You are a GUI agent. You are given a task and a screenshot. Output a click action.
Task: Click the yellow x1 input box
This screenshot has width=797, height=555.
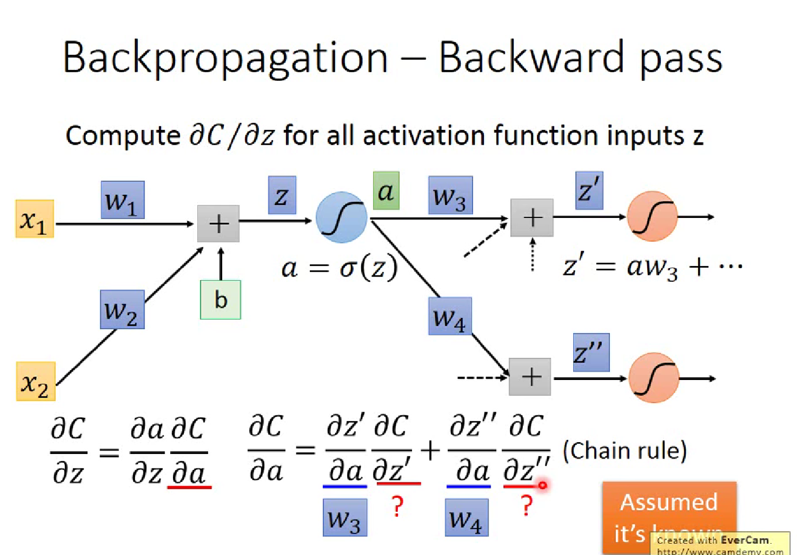coord(34,218)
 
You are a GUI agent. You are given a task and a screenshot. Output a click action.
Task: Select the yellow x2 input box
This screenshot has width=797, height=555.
coord(36,381)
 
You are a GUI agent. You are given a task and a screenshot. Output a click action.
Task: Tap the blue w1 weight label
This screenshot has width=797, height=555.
coord(123,200)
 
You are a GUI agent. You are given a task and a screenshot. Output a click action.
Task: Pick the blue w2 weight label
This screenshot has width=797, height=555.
coord(122,309)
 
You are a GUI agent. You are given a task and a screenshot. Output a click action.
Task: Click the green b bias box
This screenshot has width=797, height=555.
coord(220,300)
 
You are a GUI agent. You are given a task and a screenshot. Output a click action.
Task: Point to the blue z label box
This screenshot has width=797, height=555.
coord(281,195)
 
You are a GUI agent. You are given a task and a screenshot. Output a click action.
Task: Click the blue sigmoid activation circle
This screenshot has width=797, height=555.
coord(341,217)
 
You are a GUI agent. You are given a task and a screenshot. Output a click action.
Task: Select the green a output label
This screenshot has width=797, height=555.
coord(386,191)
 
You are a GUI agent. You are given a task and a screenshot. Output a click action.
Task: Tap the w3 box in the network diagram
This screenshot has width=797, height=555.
coord(450,195)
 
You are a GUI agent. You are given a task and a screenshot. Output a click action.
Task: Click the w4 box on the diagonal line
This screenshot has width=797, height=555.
coord(450,317)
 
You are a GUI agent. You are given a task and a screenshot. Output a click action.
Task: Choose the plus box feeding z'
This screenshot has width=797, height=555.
coord(532,217)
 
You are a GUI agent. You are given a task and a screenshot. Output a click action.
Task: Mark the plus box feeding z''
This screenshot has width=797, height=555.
coord(530,377)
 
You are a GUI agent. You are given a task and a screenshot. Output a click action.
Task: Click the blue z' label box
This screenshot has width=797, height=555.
coord(589,191)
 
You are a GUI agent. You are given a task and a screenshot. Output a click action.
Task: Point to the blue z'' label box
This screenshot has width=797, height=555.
coord(591,353)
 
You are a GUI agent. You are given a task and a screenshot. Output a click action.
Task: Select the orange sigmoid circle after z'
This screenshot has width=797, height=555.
coord(652,217)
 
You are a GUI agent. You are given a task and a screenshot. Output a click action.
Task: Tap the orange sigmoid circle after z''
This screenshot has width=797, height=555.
coord(654,378)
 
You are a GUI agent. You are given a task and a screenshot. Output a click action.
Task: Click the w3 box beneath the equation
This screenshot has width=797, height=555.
coord(345,517)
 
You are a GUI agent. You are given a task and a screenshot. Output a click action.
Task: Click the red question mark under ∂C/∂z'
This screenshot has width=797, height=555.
coord(397,506)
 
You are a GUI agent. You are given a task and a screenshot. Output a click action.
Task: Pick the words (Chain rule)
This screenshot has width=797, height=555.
coord(625,451)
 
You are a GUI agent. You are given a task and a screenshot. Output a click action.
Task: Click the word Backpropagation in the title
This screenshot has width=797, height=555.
coord(225,58)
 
